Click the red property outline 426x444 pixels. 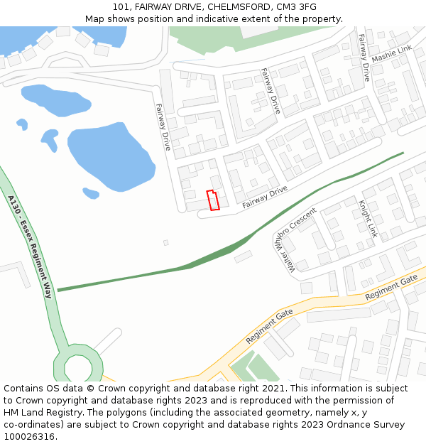coord(212,200)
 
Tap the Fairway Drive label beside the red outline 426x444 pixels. coord(264,197)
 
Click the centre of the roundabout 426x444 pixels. coord(78,367)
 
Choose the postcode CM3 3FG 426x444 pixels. coord(297,7)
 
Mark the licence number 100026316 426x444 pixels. coord(28,437)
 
